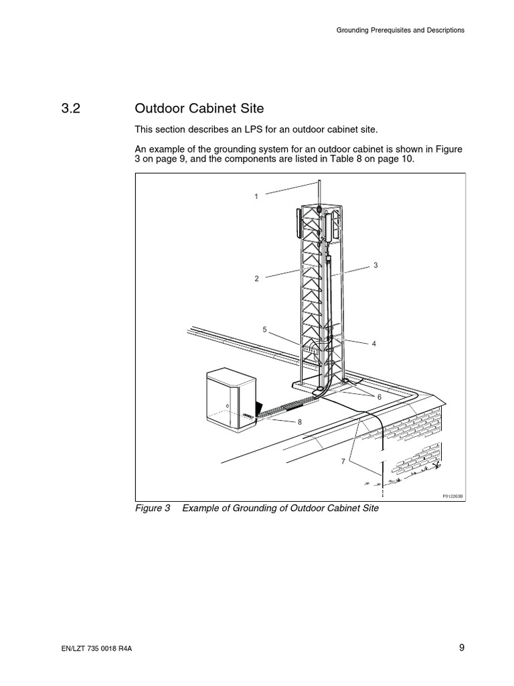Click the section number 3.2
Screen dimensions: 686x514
(x=70, y=109)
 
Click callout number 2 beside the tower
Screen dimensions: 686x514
(x=256, y=278)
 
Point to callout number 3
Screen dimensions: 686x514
(x=376, y=265)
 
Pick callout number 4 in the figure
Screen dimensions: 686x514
(x=374, y=343)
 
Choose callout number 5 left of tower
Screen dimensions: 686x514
(x=265, y=329)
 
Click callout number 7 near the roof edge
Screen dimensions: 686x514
(x=343, y=462)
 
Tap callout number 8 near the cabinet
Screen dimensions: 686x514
(x=301, y=421)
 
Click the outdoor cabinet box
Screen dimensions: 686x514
(x=228, y=400)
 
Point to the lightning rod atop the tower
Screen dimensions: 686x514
(x=319, y=191)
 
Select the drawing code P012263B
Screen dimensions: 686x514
(x=453, y=496)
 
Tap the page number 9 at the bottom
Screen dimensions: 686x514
(x=462, y=647)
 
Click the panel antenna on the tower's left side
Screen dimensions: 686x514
(x=296, y=223)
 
